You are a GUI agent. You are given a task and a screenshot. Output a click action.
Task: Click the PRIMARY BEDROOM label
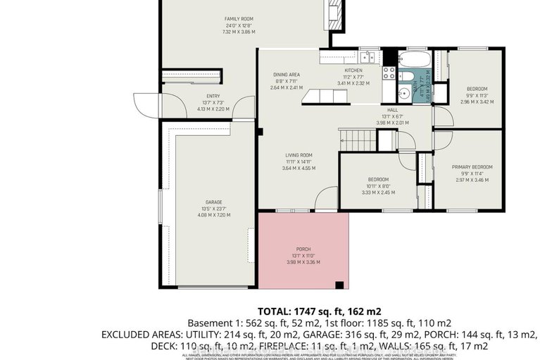tap(472, 167)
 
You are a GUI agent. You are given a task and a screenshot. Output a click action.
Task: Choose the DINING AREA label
tap(287, 74)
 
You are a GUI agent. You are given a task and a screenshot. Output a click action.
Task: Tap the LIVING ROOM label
tap(298, 155)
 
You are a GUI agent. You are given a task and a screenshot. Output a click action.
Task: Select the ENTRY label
tap(213, 97)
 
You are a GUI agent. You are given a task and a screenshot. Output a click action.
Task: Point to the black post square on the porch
tap(339, 285)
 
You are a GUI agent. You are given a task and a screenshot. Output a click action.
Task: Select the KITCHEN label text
tap(353, 71)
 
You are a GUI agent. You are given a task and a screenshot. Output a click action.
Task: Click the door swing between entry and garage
tap(244, 108)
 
